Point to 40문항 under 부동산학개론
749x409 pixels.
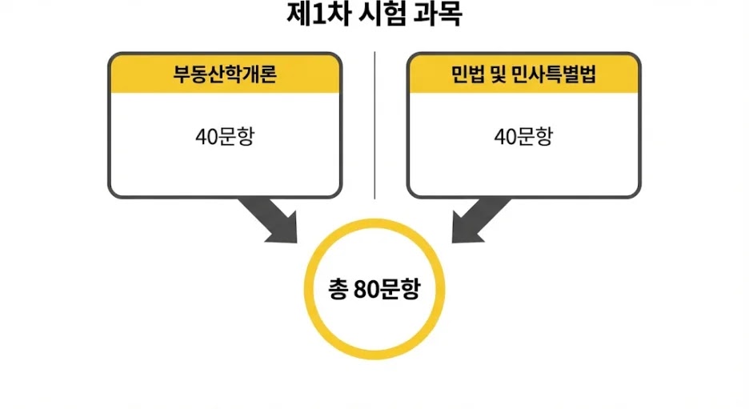coord(225,136)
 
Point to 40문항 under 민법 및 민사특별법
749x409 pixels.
coord(523,136)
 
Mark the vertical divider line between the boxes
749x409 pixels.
coord(374,124)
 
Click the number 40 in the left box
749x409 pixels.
coord(206,136)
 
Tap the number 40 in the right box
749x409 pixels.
coord(504,136)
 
